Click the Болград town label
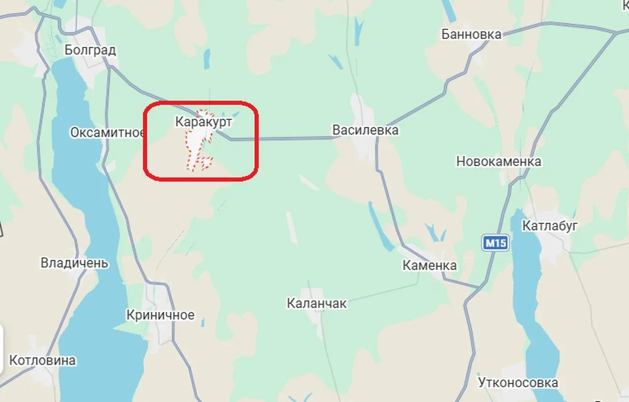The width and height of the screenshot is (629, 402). [x=90, y=50]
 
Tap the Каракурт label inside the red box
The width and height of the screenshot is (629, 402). [x=203, y=122]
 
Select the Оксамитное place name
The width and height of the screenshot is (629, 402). [x=107, y=133]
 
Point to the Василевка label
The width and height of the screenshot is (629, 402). [x=365, y=130]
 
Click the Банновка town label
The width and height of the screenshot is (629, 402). [x=471, y=34]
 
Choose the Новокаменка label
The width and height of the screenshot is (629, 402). [x=498, y=161]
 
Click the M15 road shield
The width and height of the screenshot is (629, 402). [x=495, y=243]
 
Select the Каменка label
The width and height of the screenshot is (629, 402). [x=429, y=266]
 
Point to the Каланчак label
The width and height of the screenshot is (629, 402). [x=316, y=303]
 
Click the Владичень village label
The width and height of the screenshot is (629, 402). [x=74, y=263]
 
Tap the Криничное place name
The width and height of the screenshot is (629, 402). [x=160, y=315]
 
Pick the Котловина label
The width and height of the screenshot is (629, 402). [x=43, y=360]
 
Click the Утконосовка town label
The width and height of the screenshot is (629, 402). [x=518, y=382]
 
